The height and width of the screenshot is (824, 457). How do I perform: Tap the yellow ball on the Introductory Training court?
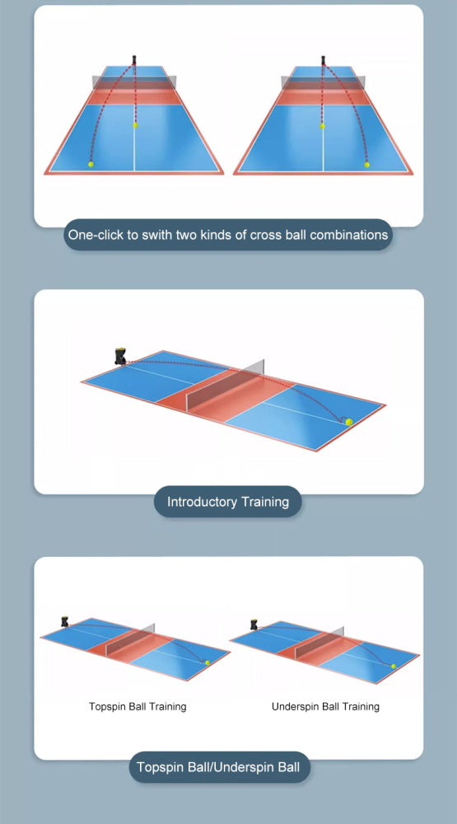coord(349,422)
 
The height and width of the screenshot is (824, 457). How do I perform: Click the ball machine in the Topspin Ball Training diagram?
coord(64,621)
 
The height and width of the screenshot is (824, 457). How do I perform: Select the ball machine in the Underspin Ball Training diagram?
coord(254,625)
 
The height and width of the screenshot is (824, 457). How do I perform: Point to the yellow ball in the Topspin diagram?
coord(208,662)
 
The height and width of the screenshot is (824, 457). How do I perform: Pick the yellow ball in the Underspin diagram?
coord(394,666)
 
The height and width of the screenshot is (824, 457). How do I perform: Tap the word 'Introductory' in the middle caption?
coord(203,501)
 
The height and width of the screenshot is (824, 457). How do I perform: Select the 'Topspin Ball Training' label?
coord(138,706)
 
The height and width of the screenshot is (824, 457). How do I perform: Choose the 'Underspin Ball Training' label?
coord(326,706)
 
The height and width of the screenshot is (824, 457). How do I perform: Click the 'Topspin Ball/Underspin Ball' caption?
coord(218,766)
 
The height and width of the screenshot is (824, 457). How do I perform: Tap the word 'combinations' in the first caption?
coord(349,234)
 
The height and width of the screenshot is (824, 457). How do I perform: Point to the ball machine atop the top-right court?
coord(324,59)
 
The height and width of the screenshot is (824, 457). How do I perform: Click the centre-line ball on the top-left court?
coord(136,125)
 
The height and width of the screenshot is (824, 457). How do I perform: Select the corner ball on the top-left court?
coord(91,164)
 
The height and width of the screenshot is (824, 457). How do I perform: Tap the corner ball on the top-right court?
coord(366,165)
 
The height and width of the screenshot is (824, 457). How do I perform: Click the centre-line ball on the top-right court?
coord(322,125)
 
